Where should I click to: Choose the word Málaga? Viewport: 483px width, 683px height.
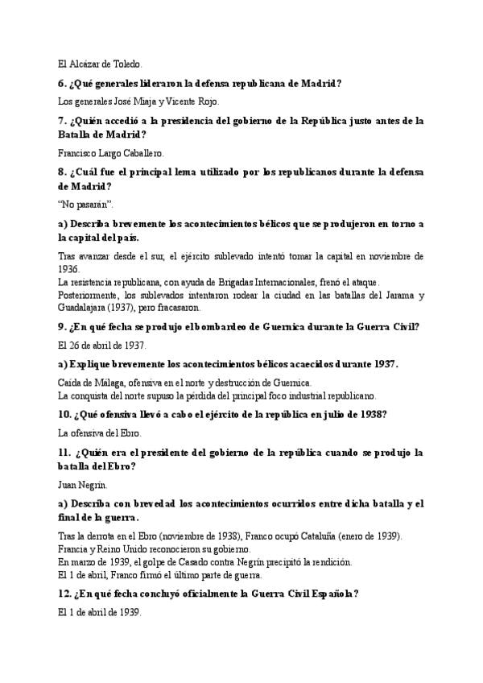coord(110,383)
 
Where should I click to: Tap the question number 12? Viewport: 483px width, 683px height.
coord(67,594)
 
